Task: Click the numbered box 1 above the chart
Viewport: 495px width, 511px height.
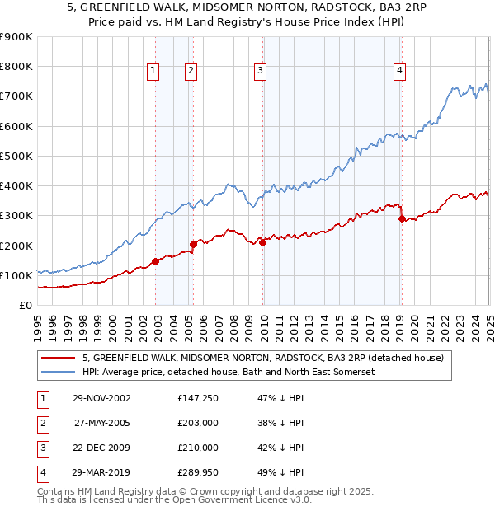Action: coord(153,72)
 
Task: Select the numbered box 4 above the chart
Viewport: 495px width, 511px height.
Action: coord(399,72)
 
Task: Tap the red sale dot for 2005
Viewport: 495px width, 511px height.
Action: coord(193,244)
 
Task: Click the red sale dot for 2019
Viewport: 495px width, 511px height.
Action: coord(402,218)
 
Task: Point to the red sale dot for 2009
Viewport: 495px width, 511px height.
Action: coord(262,242)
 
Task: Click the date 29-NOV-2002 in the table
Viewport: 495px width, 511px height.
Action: coord(101,398)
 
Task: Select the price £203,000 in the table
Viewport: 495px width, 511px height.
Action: coord(198,423)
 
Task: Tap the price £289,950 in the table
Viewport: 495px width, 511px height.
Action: coord(198,472)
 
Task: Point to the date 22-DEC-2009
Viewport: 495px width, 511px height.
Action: coord(101,448)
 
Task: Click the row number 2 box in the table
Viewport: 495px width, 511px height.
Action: coord(41,423)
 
